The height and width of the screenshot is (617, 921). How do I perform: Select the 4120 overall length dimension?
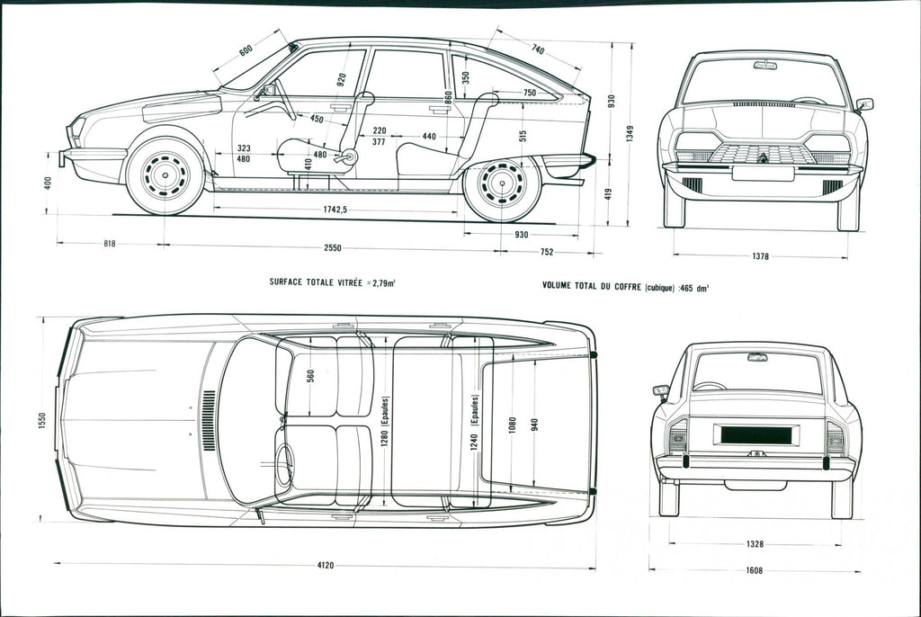[x=326, y=566]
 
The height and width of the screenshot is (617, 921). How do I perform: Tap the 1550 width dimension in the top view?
[x=42, y=419]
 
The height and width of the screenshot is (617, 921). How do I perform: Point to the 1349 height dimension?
[x=630, y=132]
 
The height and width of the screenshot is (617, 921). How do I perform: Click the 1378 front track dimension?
[x=760, y=257]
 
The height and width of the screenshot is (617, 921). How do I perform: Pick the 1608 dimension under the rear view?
[x=753, y=570]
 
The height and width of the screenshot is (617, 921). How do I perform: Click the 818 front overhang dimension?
[x=109, y=244]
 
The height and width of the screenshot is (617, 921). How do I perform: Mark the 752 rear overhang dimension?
[x=547, y=253]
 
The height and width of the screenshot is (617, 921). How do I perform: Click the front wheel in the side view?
[x=165, y=175]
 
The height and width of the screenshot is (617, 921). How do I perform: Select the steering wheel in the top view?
[x=284, y=464]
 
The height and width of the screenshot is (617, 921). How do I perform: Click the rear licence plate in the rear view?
[x=756, y=434]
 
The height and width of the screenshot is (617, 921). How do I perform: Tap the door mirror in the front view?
[x=864, y=104]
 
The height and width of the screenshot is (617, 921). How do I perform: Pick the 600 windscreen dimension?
[x=246, y=51]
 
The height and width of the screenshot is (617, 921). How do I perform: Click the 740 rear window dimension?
[x=537, y=49]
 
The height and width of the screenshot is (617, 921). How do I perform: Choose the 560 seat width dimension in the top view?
[x=310, y=375]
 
